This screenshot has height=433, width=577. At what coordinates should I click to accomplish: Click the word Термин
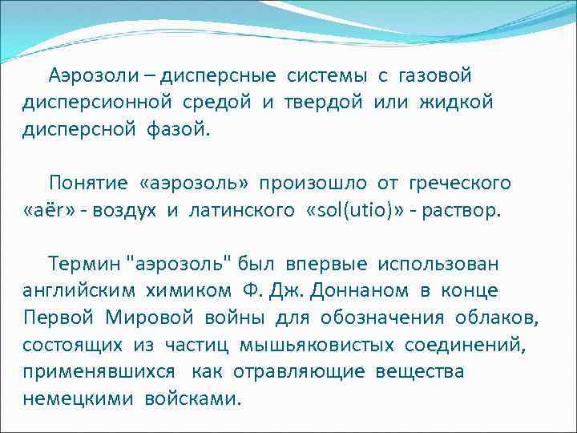83,263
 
